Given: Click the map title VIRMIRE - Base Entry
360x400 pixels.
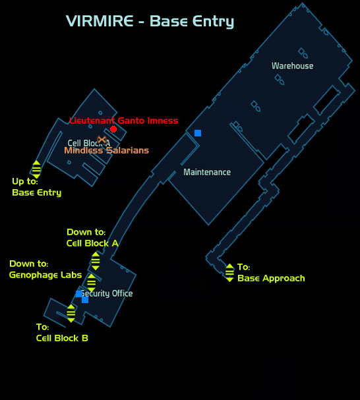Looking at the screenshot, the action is [x=150, y=22].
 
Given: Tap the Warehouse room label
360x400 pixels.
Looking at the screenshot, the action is [x=292, y=66].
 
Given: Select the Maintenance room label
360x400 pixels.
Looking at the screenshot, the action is [x=207, y=172].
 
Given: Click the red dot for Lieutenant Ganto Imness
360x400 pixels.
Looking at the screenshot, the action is [x=113, y=129].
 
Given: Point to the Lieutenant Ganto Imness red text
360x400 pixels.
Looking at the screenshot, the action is [x=124, y=121].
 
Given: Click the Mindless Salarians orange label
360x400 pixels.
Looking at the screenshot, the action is [x=106, y=150].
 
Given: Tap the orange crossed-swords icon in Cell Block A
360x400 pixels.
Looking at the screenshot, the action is [x=102, y=140].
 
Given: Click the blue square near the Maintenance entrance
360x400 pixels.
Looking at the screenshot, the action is [x=198, y=133].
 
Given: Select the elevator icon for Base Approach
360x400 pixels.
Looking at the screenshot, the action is [x=229, y=273].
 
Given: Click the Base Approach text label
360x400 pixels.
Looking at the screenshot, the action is [x=271, y=278].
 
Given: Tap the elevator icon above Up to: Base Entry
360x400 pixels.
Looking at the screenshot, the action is [x=36, y=169].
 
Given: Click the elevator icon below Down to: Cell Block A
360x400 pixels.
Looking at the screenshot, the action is [x=96, y=261].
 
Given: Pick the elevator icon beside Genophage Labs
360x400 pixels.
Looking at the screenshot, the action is [x=92, y=283].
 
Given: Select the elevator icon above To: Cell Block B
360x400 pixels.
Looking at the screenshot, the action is [x=71, y=313].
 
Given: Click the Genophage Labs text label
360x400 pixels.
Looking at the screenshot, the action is [x=45, y=275].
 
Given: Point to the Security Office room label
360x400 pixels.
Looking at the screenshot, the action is [x=107, y=293].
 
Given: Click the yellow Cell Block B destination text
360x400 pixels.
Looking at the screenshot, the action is [x=62, y=338].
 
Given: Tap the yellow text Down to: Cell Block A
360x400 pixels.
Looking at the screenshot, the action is [x=92, y=238].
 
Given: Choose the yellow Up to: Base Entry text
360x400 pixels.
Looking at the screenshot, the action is [x=37, y=187].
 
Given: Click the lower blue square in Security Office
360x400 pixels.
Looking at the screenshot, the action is [x=85, y=300].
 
